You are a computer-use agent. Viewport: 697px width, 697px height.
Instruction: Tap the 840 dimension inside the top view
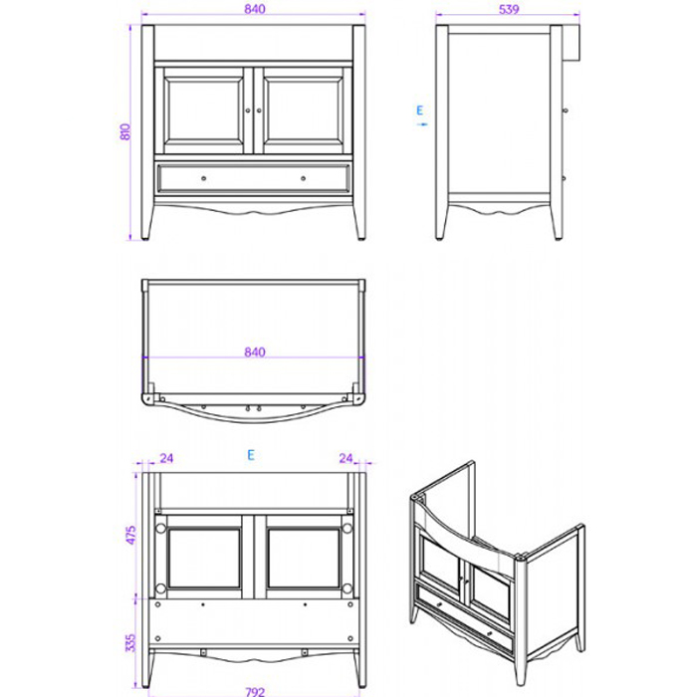(254, 351)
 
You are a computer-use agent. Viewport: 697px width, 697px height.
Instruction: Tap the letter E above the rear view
(252, 455)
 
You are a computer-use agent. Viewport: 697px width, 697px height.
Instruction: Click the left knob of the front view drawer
(204, 176)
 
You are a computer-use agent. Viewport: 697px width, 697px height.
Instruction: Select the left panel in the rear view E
(204, 557)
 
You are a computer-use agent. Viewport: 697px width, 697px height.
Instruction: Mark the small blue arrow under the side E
(422, 124)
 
